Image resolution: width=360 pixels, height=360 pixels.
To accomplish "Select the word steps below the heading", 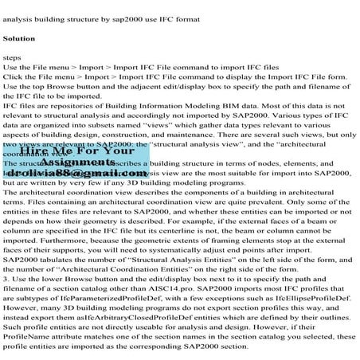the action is (x=14, y=58).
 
